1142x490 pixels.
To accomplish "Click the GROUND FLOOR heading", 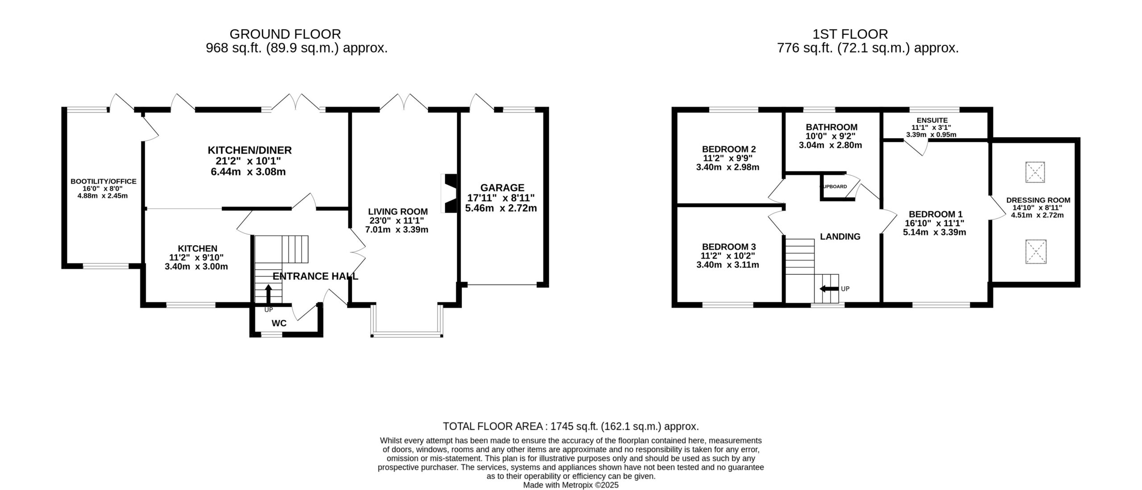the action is pos(285,34).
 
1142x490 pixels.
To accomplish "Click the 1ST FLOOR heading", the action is pos(850,34).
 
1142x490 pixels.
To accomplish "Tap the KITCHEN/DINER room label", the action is pos(250,150).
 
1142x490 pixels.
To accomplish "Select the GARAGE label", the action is pos(502,188).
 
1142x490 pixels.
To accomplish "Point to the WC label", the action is pos(279,323).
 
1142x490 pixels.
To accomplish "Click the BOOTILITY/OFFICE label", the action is pos(103,181).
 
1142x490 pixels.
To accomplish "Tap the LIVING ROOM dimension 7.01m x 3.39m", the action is pos(397,230).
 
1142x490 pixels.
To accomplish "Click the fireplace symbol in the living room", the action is pos(449,194).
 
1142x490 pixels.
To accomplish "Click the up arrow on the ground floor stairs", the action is pos(269,294).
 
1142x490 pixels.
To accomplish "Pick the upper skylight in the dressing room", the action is pos(1035,172).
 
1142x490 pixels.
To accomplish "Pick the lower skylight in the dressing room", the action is pos(1035,251).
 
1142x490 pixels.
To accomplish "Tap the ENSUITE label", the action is pos(932,120).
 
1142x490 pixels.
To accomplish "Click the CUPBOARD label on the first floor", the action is pos(834,186).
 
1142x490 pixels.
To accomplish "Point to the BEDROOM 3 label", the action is pos(729,247).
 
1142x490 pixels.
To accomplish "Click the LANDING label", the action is pos(840,237).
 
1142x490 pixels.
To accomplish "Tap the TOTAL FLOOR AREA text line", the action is pos(571,426).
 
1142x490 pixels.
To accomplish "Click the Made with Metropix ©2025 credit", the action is pos(571,485).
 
